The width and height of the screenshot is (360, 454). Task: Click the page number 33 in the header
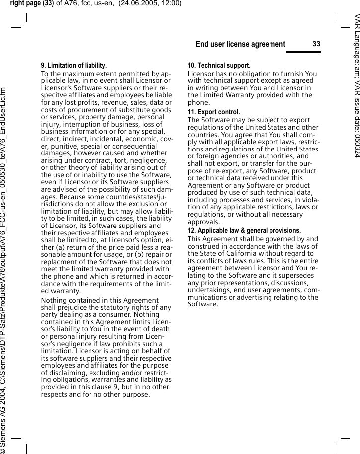pos(316,44)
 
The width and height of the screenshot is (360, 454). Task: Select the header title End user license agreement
pos(241,44)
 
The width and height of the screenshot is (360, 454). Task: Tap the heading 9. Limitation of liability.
pos(74,65)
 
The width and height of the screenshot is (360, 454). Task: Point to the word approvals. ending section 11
pos(204,222)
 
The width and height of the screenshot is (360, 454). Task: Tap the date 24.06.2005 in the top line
pos(138,4)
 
